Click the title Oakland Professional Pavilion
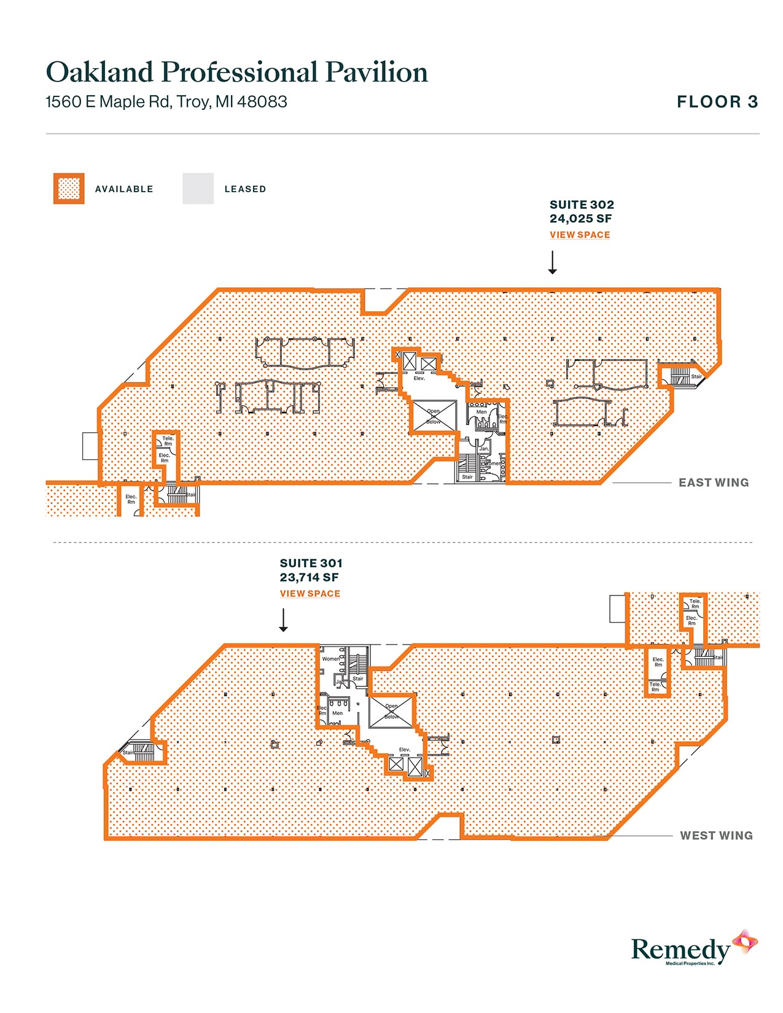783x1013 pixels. tap(236, 72)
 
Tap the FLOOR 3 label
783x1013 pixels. tap(717, 102)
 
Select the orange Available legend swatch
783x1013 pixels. tap(69, 188)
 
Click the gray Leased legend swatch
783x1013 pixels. tap(198, 188)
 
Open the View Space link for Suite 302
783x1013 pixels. tap(580, 235)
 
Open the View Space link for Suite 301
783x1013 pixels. tap(310, 593)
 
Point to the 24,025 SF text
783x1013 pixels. tap(580, 219)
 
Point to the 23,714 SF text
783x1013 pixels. tap(309, 577)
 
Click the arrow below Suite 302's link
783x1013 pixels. tap(552, 262)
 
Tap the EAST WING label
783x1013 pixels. tap(713, 483)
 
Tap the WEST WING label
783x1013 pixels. tap(715, 836)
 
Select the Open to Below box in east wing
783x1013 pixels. tap(434, 416)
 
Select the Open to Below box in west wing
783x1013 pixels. tap(391, 712)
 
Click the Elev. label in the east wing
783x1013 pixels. tap(419, 378)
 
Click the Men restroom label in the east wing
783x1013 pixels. tap(481, 412)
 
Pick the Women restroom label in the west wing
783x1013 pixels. tap(331, 659)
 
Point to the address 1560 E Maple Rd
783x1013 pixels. tap(166, 102)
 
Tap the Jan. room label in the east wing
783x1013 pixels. tap(484, 449)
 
